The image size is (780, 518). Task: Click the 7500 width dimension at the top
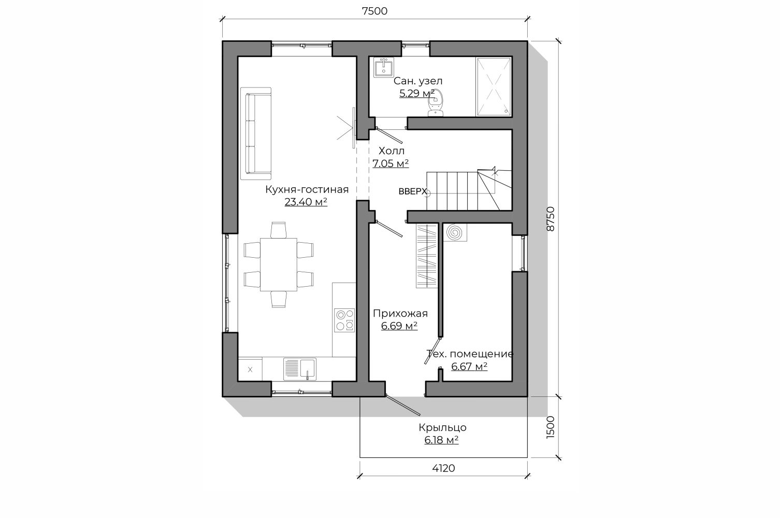pyautogui.click(x=374, y=11)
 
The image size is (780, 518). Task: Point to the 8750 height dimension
pyautogui.click(x=551, y=219)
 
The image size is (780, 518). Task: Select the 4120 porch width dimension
pyautogui.click(x=444, y=468)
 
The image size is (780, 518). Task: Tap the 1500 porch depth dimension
pyautogui.click(x=551, y=427)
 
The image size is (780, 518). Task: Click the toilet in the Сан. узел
pyautogui.click(x=436, y=103)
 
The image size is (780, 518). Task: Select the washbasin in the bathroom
pyautogui.click(x=384, y=67)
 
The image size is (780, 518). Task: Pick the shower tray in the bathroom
pyautogui.click(x=494, y=86)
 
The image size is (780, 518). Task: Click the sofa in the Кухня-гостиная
pyautogui.click(x=256, y=134)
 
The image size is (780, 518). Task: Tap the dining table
pyautogui.click(x=279, y=264)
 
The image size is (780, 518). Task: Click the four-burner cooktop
pyautogui.click(x=344, y=320)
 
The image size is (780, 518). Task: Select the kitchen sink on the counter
pyautogui.click(x=300, y=369)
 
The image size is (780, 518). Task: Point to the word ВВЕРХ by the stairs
pyautogui.click(x=413, y=191)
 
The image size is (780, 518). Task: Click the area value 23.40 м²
pyautogui.click(x=306, y=202)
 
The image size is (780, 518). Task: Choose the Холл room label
pyautogui.click(x=392, y=151)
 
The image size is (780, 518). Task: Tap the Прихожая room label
pyautogui.click(x=400, y=314)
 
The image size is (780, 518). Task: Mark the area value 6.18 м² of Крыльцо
pyautogui.click(x=441, y=440)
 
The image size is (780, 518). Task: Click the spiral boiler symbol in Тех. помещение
pyautogui.click(x=455, y=232)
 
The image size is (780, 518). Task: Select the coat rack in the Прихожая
pyautogui.click(x=427, y=256)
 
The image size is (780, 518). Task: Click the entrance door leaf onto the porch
pyautogui.click(x=403, y=405)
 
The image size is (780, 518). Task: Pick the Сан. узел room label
pyautogui.click(x=418, y=81)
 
